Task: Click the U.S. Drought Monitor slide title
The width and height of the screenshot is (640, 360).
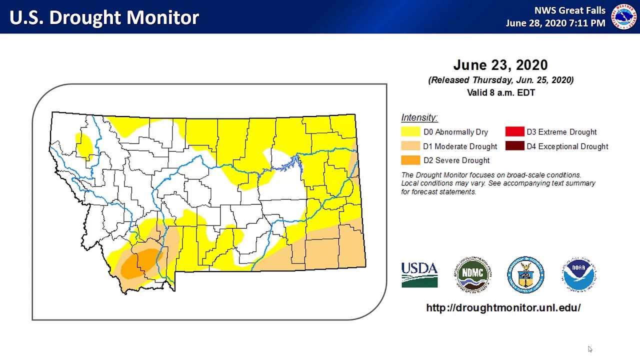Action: [104, 17]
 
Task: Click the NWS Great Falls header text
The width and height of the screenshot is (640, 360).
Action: [569, 10]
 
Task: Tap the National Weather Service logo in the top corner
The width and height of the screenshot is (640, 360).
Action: [623, 17]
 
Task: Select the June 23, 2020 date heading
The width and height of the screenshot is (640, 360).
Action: [500, 65]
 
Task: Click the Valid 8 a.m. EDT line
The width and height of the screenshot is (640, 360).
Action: [500, 92]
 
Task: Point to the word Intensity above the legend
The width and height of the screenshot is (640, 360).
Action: [419, 117]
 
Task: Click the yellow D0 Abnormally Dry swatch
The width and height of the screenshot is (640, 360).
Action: [410, 132]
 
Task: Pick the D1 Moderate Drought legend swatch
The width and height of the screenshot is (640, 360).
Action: [410, 146]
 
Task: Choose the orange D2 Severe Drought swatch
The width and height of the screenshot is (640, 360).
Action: [410, 160]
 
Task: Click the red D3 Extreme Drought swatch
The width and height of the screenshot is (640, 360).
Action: [514, 132]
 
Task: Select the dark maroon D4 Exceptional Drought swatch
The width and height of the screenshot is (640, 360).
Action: [514, 146]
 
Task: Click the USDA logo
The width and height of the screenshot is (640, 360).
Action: [419, 274]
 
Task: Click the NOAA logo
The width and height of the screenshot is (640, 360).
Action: [579, 274]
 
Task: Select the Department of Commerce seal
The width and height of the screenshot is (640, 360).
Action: [525, 274]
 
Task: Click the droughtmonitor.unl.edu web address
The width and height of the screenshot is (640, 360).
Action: [503, 308]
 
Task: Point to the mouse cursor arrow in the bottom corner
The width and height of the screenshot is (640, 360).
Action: [589, 348]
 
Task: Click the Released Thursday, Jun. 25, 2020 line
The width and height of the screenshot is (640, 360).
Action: [500, 80]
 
